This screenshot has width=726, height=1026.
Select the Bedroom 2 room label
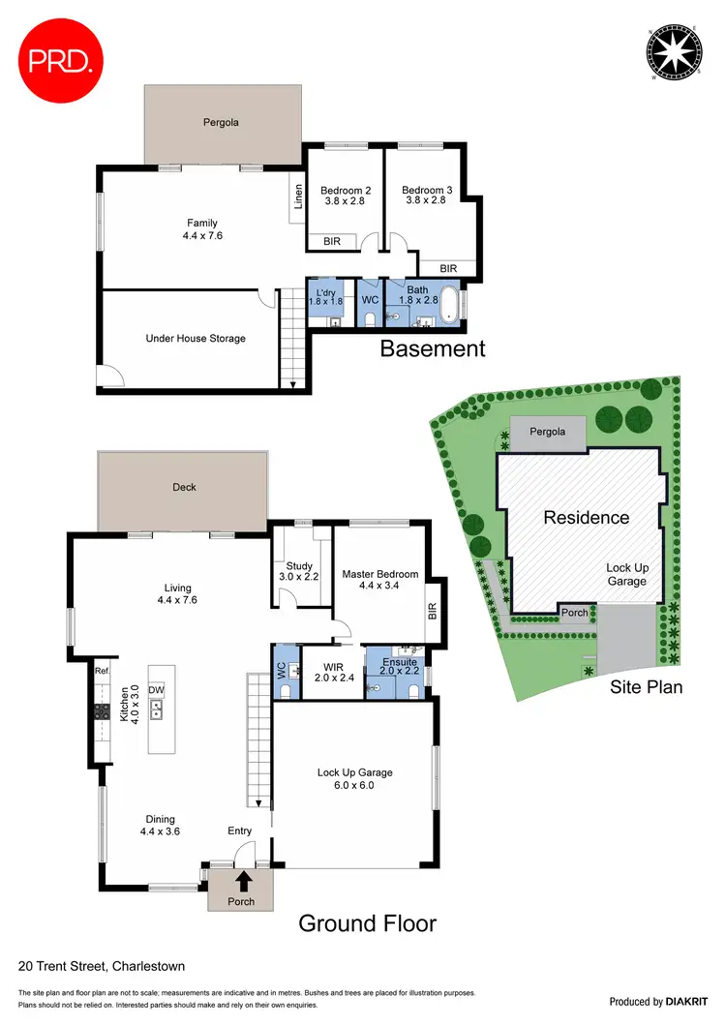[346, 196]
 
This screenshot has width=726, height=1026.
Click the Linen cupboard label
[298, 196]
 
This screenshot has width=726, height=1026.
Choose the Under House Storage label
[196, 339]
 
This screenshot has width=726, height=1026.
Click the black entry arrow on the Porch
[241, 881]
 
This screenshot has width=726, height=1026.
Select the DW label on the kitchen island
[156, 691]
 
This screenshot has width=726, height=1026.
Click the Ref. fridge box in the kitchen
[102, 670]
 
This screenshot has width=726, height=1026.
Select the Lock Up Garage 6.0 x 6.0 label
[353, 778]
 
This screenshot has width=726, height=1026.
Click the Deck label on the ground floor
[184, 487]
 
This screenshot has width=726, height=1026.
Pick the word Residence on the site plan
[586, 518]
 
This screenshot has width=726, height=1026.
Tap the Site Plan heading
[646, 687]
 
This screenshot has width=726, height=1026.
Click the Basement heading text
[432, 348]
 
